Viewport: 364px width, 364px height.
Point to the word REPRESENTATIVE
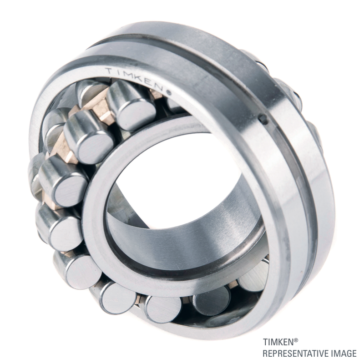[296, 354]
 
